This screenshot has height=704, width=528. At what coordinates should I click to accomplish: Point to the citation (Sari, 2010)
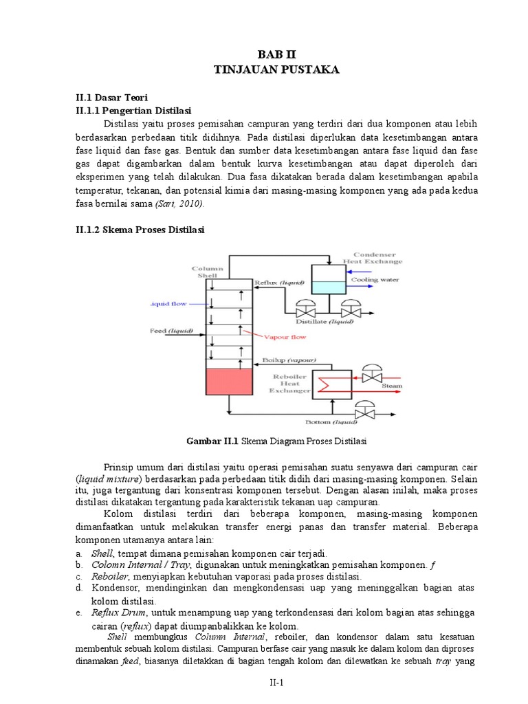click(179, 203)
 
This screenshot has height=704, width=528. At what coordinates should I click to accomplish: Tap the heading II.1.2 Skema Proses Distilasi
click(140, 230)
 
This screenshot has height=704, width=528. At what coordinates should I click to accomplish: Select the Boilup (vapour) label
click(289, 360)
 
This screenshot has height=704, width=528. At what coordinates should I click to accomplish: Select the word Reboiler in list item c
click(109, 576)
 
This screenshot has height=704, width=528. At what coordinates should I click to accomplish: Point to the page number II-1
click(276, 682)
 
